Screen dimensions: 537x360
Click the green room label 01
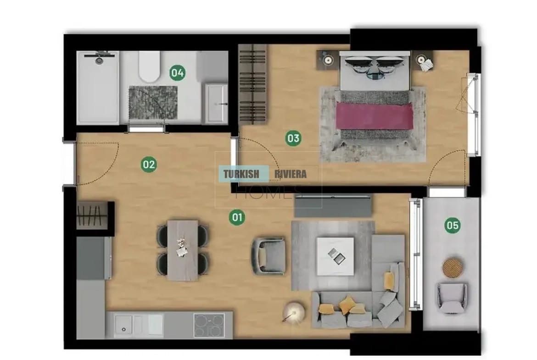pyautogui.click(x=237, y=217)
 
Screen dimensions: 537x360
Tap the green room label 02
pyautogui.click(x=149, y=165)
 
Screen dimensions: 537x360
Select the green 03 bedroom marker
pyautogui.click(x=293, y=138)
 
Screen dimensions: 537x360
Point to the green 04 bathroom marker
pyautogui.click(x=178, y=72)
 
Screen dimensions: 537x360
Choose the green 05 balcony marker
pyautogui.click(x=452, y=225)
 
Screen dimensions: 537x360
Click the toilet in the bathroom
pyautogui.click(x=149, y=66)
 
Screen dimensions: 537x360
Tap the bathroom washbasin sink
pyautogui.click(x=216, y=103)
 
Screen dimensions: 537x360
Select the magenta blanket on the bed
pyautogui.click(x=375, y=116)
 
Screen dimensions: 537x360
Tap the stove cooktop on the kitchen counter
pyautogui.click(x=209, y=325)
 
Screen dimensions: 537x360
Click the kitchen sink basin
pyautogui.click(x=123, y=325)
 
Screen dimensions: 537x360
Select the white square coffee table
pyautogui.click(x=336, y=256)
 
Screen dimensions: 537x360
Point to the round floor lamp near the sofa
pyautogui.click(x=293, y=312)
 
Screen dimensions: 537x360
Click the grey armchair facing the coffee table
pyautogui.click(x=269, y=256)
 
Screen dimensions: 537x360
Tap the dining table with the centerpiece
pyautogui.click(x=183, y=250)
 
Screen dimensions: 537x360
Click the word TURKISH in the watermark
pyautogui.click(x=241, y=174)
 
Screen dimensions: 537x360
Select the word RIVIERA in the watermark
pyautogui.click(x=291, y=174)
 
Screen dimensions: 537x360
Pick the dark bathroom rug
pyautogui.click(x=153, y=103)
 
